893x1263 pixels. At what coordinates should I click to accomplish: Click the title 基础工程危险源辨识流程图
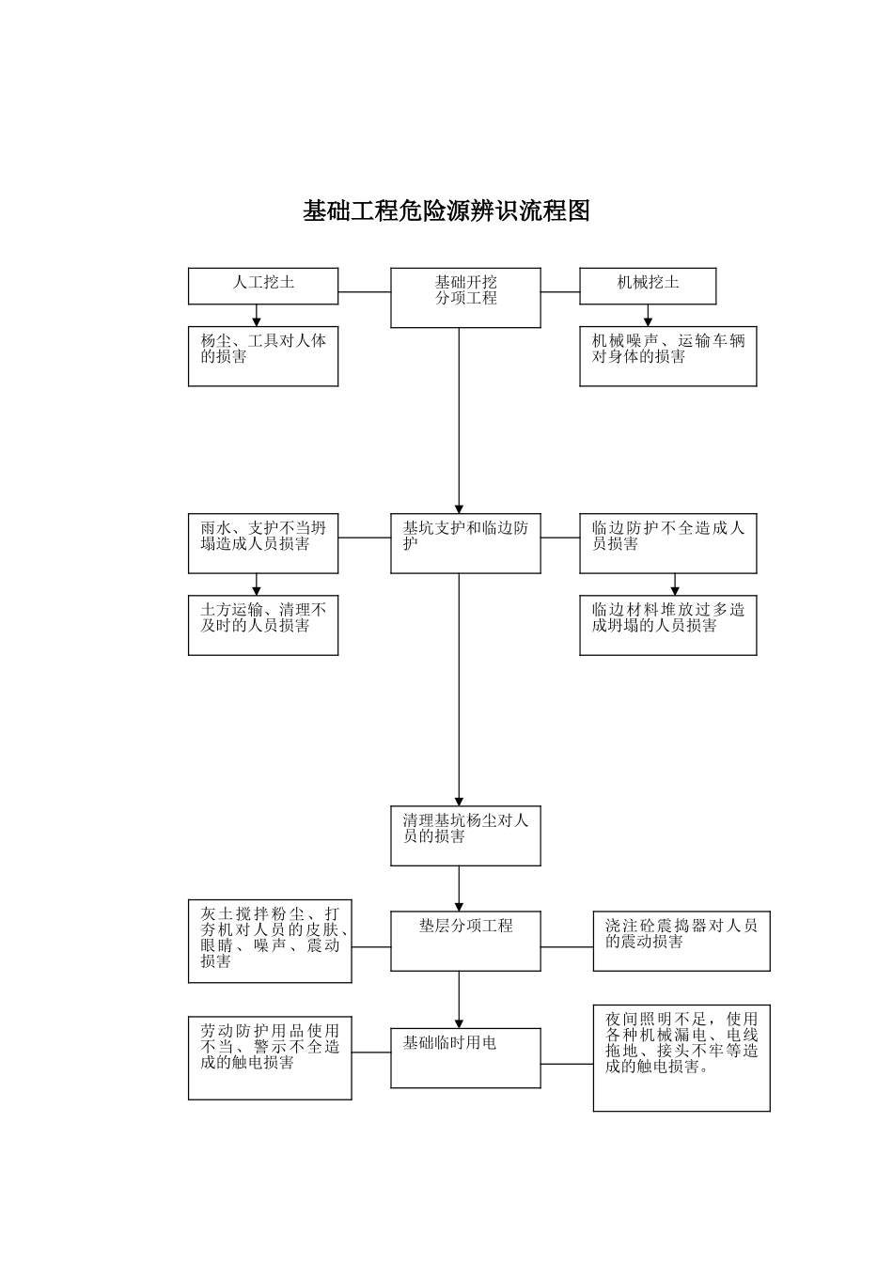[x=446, y=211]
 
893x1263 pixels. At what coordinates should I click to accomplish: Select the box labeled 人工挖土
[x=263, y=286]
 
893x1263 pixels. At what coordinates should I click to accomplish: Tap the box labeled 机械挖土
[x=648, y=286]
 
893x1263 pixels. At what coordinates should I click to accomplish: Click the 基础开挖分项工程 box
[x=465, y=298]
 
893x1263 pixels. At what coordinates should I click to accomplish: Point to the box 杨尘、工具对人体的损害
[x=263, y=356]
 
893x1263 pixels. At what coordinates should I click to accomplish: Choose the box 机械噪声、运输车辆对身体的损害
[x=667, y=356]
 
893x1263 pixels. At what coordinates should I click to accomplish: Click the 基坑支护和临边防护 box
[x=465, y=543]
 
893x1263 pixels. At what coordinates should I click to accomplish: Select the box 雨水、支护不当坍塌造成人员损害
[x=263, y=543]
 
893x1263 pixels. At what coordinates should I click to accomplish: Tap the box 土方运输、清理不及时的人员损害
[x=263, y=625]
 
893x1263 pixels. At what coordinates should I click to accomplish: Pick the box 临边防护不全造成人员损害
[x=667, y=543]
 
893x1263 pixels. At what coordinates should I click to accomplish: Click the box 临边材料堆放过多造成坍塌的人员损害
[x=667, y=625]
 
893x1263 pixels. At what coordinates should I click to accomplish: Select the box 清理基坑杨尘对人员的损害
[x=465, y=835]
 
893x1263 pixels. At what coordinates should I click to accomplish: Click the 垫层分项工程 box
[x=465, y=941]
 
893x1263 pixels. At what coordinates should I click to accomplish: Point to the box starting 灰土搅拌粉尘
[x=270, y=942]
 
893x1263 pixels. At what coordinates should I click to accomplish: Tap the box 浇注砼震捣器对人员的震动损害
[x=681, y=941]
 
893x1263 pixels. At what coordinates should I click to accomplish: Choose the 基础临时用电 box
[x=465, y=1057]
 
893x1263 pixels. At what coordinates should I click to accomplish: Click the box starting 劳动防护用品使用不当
[x=270, y=1058]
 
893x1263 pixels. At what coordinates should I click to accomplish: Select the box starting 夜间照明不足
[x=681, y=1058]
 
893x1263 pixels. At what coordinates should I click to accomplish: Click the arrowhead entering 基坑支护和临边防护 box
[x=460, y=507]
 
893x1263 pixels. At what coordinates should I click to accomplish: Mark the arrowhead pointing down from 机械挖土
[x=648, y=320]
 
